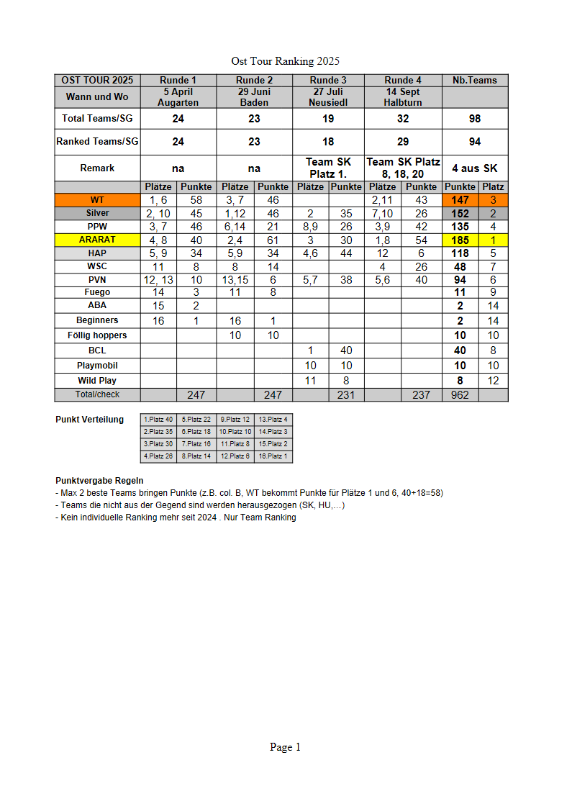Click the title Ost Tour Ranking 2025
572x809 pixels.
[285, 61]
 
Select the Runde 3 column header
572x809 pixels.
[328, 80]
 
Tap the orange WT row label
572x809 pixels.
[97, 200]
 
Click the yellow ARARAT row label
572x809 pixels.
[97, 240]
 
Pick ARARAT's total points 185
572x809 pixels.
[460, 240]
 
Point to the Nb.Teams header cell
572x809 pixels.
[475, 80]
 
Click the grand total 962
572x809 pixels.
[460, 394]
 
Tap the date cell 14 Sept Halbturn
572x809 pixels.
[403, 97]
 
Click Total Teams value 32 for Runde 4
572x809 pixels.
[403, 119]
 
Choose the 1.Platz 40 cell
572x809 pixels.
[158, 419]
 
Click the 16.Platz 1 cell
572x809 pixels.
[274, 456]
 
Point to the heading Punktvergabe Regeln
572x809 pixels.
[99, 480]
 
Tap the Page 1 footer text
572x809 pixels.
[285, 747]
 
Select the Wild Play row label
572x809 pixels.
[97, 380]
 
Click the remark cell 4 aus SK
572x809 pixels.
[475, 168]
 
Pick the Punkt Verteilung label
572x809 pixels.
[89, 420]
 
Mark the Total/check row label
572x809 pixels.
[97, 394]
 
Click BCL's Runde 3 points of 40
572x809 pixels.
[346, 351]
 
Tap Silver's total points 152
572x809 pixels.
[460, 213]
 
